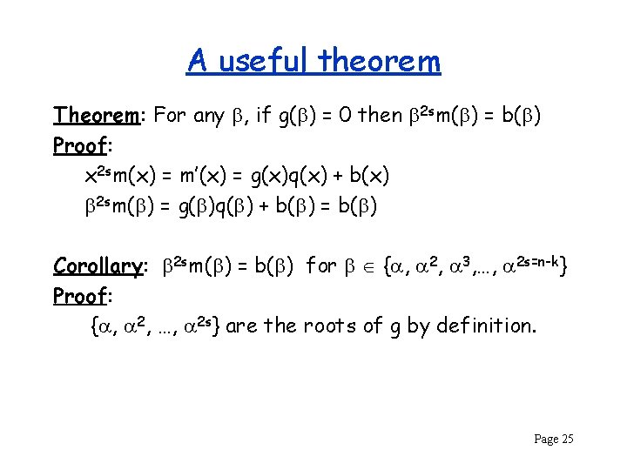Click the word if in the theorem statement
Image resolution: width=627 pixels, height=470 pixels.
click(264, 115)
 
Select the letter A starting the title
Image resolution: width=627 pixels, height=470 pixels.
click(198, 61)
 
